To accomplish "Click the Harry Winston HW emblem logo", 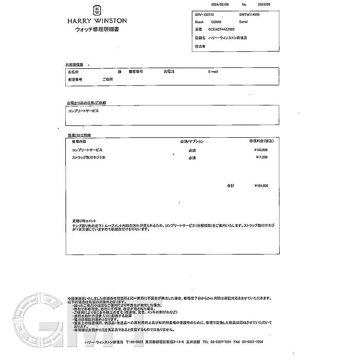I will (97, 10).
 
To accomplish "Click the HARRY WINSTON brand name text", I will (97, 21).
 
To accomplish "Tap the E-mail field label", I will (213, 71).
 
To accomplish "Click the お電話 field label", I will (169, 71).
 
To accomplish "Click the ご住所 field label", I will (107, 79).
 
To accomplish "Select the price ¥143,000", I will (261, 149).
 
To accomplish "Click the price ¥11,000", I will (262, 157).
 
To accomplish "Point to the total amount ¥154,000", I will (261, 186).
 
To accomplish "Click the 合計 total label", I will (230, 186).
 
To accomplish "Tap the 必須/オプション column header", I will (192, 141).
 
